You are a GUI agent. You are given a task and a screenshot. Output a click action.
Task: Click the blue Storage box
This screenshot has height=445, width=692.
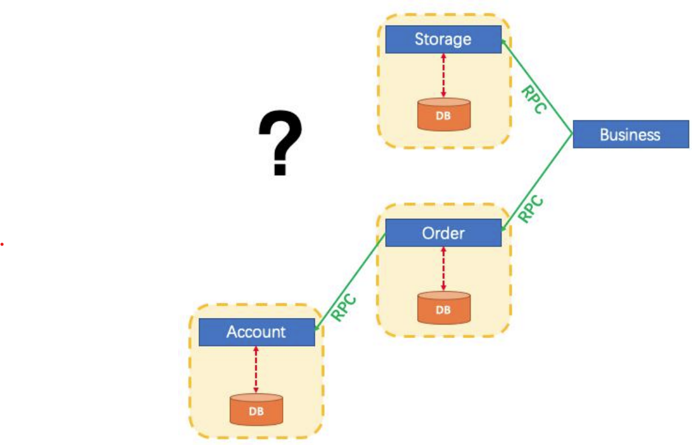click(443, 40)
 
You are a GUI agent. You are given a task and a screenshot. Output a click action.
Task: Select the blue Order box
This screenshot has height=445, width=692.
click(443, 233)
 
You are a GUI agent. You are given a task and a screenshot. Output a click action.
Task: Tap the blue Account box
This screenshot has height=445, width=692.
click(257, 332)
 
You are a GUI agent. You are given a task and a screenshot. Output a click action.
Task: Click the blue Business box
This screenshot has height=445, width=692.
click(630, 134)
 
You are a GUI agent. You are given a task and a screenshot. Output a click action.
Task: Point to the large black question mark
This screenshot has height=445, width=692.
click(280, 145)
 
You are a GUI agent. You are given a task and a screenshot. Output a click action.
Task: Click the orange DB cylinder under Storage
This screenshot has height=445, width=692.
click(444, 115)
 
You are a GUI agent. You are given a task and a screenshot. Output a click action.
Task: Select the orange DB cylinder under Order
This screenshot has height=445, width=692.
click(444, 308)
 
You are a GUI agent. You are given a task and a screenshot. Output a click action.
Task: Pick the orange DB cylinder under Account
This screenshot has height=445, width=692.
click(256, 410)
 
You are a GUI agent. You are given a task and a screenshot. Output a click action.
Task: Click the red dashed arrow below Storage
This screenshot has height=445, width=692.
click(443, 75)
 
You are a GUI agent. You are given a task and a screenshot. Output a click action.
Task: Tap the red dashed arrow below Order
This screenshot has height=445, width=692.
click(443, 269)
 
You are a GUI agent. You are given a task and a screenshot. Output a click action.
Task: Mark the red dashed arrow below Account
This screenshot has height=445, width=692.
click(256, 369)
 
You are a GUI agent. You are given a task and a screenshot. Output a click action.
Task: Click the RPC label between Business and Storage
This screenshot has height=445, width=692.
click(535, 99)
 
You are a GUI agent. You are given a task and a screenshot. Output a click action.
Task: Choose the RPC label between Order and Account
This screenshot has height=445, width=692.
click(344, 308)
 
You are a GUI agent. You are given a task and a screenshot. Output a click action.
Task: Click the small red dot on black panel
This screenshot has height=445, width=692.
click(2, 244)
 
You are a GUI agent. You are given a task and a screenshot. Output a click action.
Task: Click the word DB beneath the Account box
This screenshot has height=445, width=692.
click(256, 412)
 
